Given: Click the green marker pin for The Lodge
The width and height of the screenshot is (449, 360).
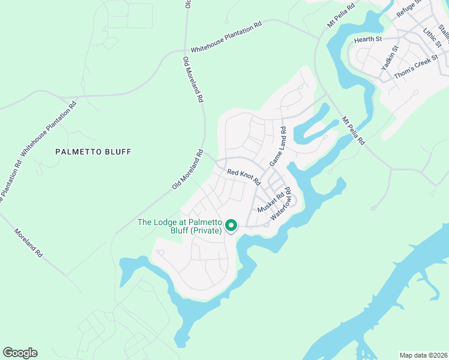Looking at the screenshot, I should pos(231,225).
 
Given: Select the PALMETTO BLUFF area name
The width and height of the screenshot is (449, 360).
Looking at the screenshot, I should pos(93,152).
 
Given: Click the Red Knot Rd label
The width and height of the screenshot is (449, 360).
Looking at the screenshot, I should pos(244,176).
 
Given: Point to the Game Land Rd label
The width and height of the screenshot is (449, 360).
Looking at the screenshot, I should pos(277,147).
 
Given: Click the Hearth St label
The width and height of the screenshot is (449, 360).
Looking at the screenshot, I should pos(368,39).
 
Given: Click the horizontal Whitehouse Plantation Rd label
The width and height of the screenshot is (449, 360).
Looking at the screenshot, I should pos(226,37).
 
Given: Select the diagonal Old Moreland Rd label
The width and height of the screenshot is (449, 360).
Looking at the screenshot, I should pos(188,170).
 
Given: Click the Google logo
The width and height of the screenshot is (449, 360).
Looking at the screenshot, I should pos(20,353).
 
